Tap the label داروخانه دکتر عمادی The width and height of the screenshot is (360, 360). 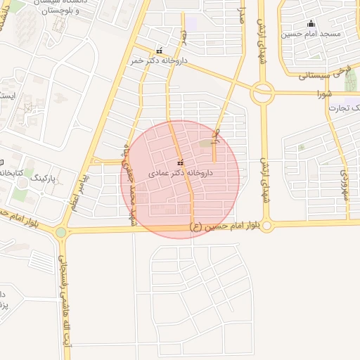[x=181, y=172]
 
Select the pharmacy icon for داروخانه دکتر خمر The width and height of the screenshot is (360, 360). [x=160, y=51]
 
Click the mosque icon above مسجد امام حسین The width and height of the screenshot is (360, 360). [x=311, y=23]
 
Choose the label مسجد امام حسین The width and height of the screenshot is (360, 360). [x=311, y=33]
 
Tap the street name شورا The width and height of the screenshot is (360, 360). [x=324, y=93]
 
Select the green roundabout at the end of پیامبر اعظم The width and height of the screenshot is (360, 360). [x=61, y=232]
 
